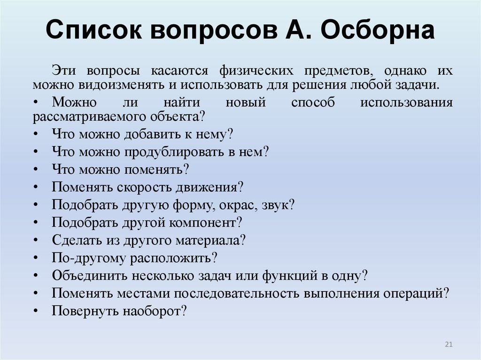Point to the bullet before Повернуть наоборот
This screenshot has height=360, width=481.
click(37, 311)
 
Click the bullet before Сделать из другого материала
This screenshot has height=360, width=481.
click(37, 240)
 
